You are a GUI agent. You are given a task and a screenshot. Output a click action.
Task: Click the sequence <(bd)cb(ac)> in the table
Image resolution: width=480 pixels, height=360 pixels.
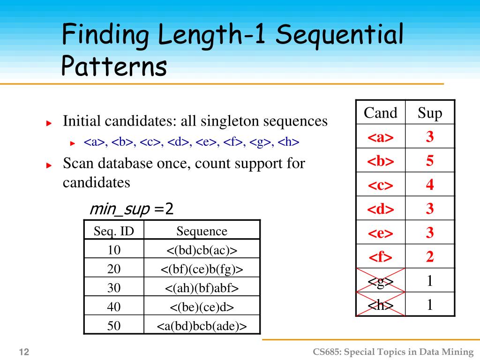click(x=202, y=250)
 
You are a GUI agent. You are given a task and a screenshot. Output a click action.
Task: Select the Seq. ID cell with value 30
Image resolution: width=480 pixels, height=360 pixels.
click(x=114, y=288)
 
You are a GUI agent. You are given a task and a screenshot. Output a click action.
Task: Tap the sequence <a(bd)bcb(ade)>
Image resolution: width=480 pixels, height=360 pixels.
click(x=202, y=326)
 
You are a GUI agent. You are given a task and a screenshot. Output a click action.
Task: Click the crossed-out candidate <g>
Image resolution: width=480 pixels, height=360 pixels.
click(x=380, y=281)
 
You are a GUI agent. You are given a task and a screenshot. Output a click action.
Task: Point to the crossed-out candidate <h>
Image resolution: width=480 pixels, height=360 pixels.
click(x=380, y=305)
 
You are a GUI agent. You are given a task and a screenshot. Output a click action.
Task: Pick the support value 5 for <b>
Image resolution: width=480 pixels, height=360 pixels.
click(x=430, y=161)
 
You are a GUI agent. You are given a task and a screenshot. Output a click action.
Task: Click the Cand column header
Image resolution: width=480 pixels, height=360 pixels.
click(x=380, y=113)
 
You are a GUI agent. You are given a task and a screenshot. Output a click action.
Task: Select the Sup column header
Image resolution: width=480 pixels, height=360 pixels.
click(x=430, y=113)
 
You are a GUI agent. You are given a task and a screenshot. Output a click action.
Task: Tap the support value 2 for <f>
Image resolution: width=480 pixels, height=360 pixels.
click(x=430, y=256)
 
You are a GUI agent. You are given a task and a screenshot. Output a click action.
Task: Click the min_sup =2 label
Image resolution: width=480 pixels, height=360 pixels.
click(x=131, y=209)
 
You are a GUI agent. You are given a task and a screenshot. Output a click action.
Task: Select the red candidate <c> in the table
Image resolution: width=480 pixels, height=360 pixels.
click(x=380, y=185)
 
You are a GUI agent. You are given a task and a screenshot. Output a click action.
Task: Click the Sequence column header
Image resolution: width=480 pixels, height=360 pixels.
click(x=202, y=231)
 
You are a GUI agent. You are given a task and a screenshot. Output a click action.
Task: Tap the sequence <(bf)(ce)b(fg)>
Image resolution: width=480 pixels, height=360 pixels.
click(x=202, y=269)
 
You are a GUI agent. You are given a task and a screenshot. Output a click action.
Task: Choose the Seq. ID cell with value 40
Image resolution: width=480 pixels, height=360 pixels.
click(x=114, y=307)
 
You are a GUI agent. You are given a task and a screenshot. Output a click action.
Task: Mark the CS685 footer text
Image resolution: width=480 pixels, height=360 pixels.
click(x=393, y=352)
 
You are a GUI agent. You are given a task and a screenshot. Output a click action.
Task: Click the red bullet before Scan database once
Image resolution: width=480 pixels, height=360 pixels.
click(x=49, y=165)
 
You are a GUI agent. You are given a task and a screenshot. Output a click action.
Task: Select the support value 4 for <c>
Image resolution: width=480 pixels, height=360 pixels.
click(x=430, y=185)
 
